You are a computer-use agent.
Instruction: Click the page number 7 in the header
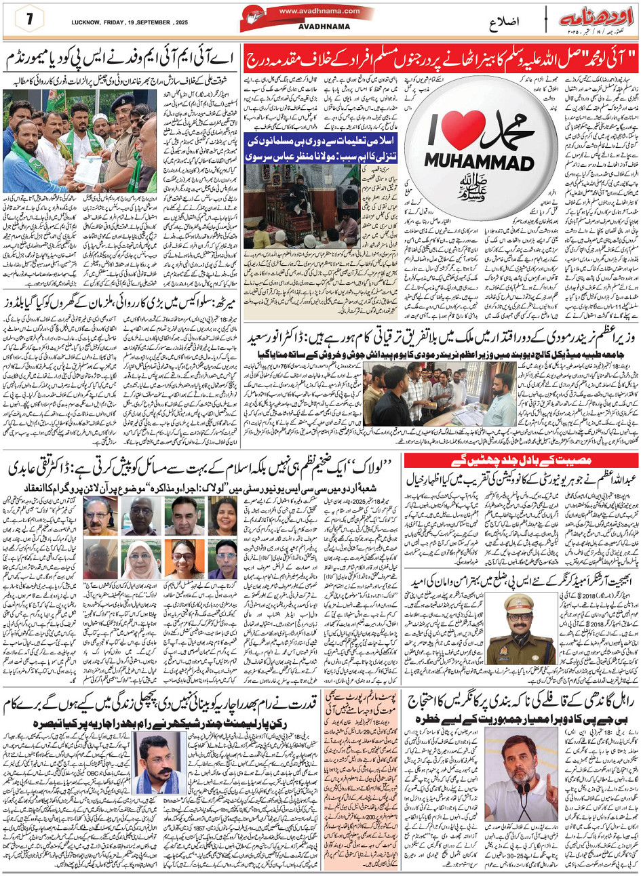(30, 19)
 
